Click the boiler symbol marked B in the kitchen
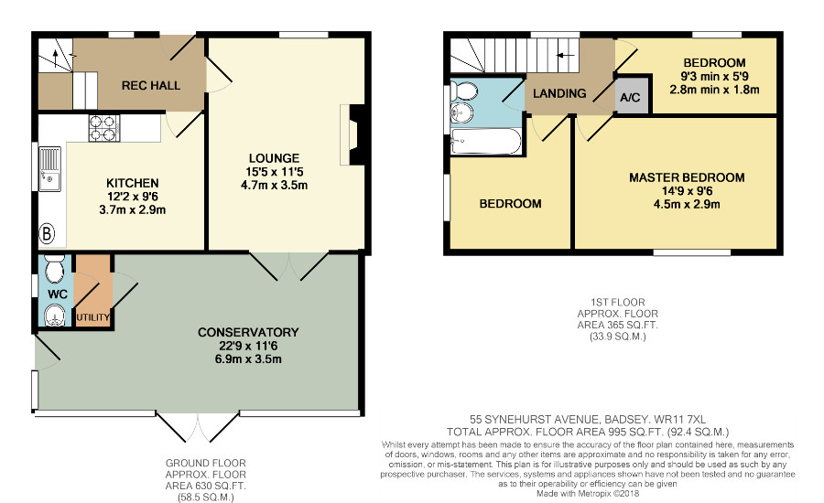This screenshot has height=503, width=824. click(47, 233)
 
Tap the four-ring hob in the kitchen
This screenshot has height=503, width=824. click(103, 128)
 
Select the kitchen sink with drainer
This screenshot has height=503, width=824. click(50, 169)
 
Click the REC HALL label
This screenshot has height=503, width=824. click(151, 85)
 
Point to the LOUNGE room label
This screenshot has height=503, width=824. click(275, 158)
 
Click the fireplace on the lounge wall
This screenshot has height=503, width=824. click(352, 135)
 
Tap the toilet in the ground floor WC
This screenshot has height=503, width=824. click(54, 269)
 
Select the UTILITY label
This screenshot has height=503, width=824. click(93, 317)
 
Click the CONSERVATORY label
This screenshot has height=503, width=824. click(248, 332)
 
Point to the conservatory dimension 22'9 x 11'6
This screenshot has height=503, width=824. click(248, 346)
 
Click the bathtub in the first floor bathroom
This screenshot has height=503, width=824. click(486, 141)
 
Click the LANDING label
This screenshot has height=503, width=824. click(559, 93)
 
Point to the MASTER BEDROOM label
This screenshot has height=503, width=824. click(687, 177)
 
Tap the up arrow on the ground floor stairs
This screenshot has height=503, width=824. click(55, 59)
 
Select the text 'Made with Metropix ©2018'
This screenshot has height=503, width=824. click(588, 494)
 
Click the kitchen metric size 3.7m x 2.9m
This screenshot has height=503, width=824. click(133, 210)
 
